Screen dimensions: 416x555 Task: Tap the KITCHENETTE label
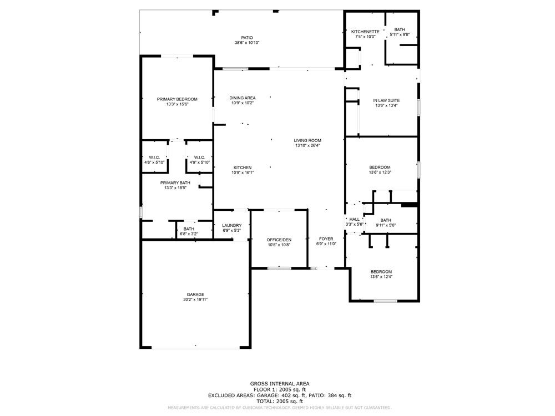(365, 32)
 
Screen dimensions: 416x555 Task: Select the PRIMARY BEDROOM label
(177, 99)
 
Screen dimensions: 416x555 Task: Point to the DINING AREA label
(243, 98)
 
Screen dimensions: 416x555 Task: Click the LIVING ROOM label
(307, 140)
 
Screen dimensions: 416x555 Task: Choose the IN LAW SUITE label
(387, 100)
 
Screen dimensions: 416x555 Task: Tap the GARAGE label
(195, 295)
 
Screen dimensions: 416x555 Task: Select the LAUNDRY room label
(232, 225)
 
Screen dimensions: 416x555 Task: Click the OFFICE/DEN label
(279, 239)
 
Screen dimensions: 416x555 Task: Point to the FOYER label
(326, 239)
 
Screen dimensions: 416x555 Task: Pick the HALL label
(354, 219)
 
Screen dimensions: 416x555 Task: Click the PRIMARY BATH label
(175, 183)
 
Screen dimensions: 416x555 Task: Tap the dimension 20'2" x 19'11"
(195, 300)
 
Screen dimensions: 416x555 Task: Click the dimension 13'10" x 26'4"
(307, 145)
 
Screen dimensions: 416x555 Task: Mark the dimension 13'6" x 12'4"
(381, 277)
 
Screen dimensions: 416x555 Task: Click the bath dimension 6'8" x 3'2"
(189, 234)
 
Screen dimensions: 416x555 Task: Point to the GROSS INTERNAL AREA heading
(280, 383)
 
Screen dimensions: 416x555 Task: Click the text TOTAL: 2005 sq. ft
(280, 401)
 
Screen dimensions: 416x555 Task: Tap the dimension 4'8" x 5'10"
(154, 163)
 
